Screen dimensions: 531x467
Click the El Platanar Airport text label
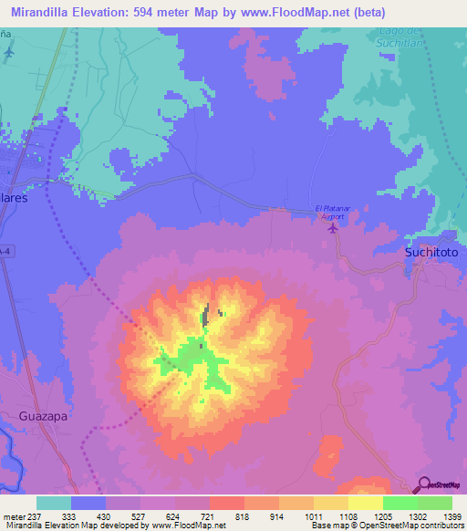click(x=331, y=213)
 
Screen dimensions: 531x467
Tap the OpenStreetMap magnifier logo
click(x=423, y=484)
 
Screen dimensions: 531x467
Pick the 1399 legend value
click(x=452, y=516)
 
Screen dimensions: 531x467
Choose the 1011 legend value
click(x=314, y=516)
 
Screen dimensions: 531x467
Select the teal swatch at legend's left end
click(x=54, y=503)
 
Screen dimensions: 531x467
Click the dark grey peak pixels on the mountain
click(x=206, y=317)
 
